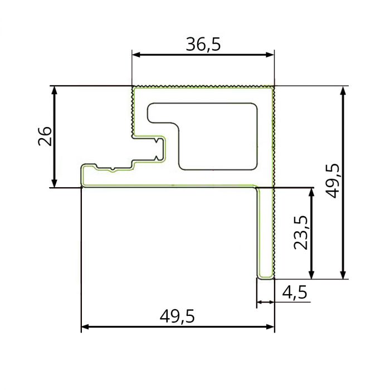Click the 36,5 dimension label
203,45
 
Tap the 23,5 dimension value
301,233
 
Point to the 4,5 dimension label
295,292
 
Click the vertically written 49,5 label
333,181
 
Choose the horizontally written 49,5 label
177,316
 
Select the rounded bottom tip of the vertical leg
266,276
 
